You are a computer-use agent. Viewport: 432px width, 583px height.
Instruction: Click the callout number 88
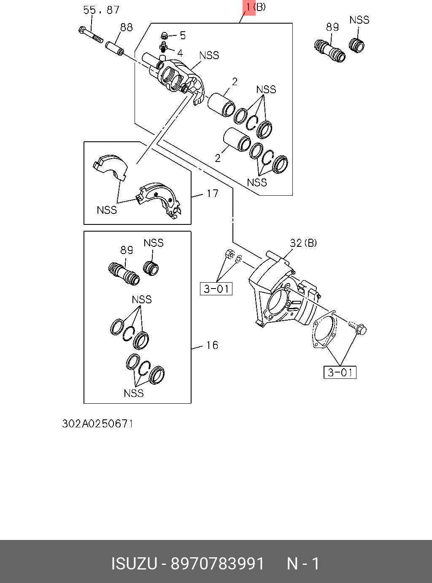(x=127, y=27)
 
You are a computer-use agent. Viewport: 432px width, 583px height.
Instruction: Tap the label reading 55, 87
(x=101, y=10)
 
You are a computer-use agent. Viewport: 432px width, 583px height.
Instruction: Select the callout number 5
(x=183, y=35)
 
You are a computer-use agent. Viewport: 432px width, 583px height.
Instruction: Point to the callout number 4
(x=180, y=53)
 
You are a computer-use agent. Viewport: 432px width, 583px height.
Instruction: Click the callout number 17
(x=213, y=194)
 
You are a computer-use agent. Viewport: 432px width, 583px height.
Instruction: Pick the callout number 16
(x=212, y=345)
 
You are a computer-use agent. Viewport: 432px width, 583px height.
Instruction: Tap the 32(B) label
(x=303, y=243)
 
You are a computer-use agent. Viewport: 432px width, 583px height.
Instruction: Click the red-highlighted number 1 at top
(x=249, y=7)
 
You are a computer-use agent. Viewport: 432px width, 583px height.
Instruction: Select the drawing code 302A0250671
(x=98, y=424)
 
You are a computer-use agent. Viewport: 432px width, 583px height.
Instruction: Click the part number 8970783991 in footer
(x=217, y=564)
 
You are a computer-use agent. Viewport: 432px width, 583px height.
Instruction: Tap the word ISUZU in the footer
(x=134, y=564)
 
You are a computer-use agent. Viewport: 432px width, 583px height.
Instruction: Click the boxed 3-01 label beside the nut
(x=216, y=289)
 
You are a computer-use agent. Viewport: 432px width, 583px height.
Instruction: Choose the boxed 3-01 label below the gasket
(x=340, y=372)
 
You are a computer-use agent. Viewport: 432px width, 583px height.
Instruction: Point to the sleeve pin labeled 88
(x=114, y=48)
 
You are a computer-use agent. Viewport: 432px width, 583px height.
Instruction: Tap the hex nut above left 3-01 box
(x=229, y=255)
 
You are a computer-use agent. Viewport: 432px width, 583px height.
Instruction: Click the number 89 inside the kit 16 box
(x=127, y=250)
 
